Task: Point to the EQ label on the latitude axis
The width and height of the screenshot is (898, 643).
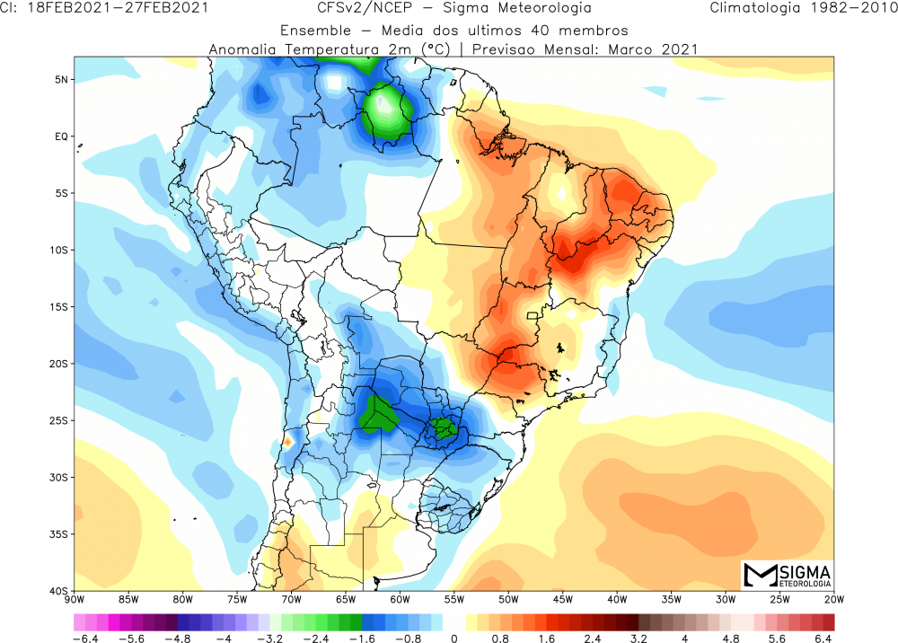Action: click(x=63, y=137)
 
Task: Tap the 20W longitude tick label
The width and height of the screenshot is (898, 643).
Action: click(x=834, y=600)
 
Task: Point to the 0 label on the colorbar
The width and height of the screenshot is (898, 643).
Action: click(x=453, y=639)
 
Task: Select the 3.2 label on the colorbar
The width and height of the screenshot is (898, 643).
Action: click(x=638, y=639)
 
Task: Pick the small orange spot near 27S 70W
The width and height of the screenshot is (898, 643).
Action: click(x=287, y=441)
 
